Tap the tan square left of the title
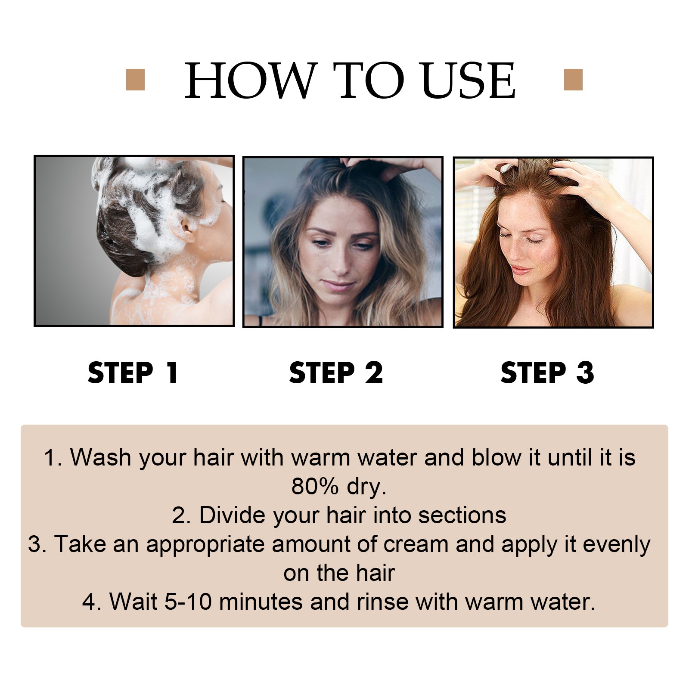coord(135,80)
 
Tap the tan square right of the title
coord(573,80)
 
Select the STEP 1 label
coord(133,372)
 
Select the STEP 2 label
coord(336,372)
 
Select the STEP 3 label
coord(547,372)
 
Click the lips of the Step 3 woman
coord(522,270)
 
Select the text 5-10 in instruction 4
coord(188,602)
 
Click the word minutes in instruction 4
coord(261,602)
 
